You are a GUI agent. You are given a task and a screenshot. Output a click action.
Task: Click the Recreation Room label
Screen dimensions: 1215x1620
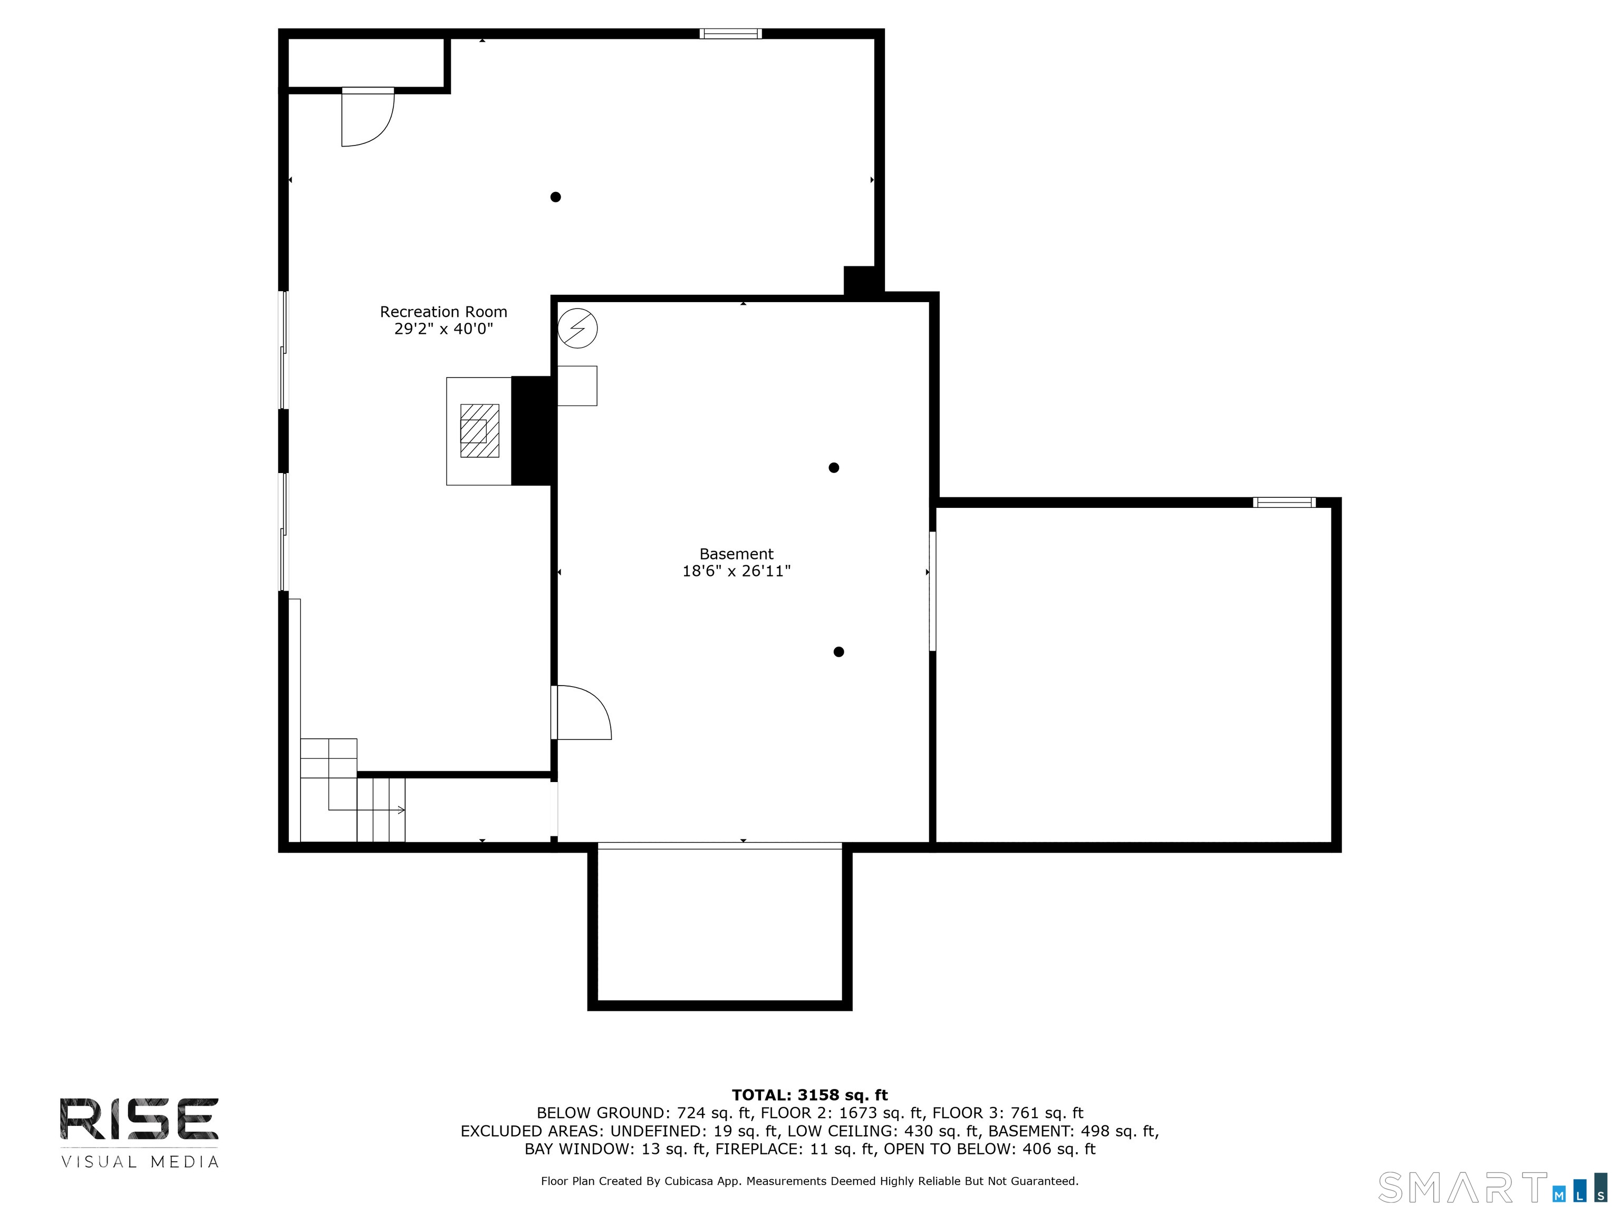coord(443,312)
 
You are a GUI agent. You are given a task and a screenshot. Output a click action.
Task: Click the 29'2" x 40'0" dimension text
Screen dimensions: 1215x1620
coord(443,329)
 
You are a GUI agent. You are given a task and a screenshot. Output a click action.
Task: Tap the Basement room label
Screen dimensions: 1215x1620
coord(736,554)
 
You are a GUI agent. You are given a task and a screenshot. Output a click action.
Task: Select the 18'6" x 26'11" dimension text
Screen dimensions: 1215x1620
coord(736,571)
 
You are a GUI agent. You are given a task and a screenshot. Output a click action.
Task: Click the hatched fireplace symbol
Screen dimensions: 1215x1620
coord(479,431)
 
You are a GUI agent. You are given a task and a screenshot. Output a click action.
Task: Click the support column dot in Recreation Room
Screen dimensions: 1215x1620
coord(555,197)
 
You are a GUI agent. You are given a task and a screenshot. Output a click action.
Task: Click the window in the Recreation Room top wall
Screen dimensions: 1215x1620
coord(730,34)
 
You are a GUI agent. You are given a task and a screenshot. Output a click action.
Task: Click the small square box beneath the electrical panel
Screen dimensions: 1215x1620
coord(577,386)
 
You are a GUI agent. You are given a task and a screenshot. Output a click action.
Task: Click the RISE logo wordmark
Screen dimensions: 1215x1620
coord(139,1118)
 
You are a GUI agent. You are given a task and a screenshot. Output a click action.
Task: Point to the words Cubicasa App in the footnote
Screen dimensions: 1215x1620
coord(701,1181)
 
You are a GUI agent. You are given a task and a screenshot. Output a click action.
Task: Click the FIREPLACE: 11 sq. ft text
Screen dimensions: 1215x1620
coord(795,1149)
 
